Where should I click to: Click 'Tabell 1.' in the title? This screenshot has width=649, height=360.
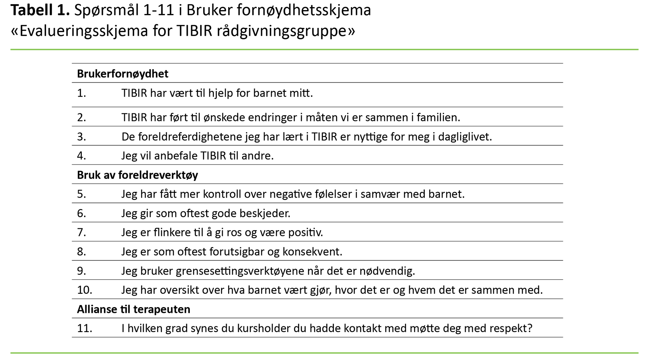click(40, 10)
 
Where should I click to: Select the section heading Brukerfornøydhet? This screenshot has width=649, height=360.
click(123, 74)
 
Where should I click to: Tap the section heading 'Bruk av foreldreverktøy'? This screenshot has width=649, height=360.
click(137, 175)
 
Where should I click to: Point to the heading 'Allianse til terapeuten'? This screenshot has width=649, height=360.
click(133, 309)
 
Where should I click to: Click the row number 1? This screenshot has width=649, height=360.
click(81, 93)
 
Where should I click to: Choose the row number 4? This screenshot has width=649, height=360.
click(81, 156)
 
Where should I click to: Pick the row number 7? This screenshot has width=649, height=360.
click(81, 232)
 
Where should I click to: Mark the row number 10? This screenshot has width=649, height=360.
click(84, 290)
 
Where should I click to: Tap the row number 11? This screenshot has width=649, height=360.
click(84, 328)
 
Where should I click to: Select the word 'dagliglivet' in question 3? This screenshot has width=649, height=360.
click(465, 137)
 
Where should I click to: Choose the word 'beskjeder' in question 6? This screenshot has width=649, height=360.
click(264, 213)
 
